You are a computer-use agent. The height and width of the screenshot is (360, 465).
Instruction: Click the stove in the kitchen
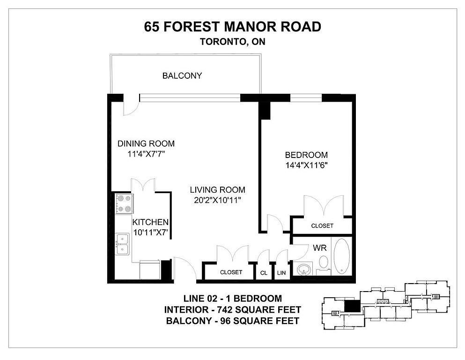point(124,203)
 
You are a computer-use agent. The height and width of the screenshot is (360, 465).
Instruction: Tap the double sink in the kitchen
point(123,244)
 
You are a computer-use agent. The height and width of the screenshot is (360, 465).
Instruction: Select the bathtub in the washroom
point(342,255)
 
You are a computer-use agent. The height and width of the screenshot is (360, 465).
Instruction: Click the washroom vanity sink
point(304,269)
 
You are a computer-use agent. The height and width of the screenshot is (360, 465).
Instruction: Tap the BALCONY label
point(182,75)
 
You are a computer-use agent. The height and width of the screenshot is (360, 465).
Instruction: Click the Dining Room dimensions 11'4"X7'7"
point(146,154)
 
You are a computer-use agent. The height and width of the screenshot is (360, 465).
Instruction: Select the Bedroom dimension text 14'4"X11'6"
point(306,165)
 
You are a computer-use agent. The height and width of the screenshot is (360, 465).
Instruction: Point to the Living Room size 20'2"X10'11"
point(217,200)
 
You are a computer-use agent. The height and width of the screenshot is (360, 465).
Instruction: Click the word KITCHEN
point(150,222)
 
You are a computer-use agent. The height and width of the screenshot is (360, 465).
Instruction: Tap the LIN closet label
point(281,273)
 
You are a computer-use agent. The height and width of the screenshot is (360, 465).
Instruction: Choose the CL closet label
point(264,273)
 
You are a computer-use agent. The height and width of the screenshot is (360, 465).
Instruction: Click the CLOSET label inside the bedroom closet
point(322,226)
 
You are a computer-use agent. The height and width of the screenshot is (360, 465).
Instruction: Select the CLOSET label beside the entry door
point(231,272)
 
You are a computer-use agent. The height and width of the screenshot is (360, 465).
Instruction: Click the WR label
point(320,248)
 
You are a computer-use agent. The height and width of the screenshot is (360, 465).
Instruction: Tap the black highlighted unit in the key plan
point(351,306)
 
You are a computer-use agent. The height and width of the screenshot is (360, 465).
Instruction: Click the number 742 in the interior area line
point(224,310)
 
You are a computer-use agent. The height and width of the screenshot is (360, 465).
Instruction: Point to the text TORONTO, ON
point(232,42)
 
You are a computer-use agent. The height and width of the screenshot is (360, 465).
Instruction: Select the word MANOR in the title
point(250,27)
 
